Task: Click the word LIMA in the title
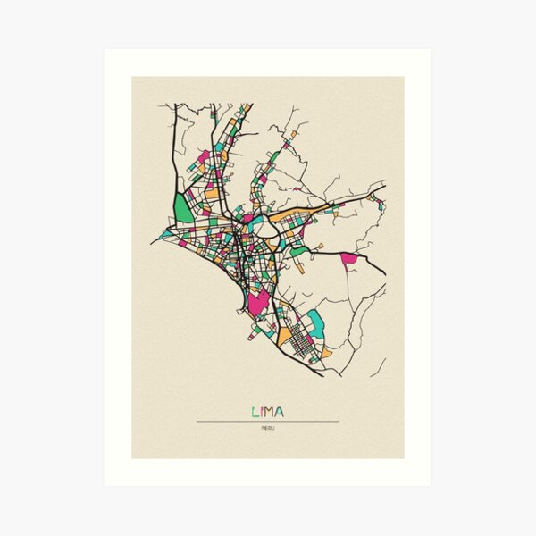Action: pyautogui.click(x=268, y=412)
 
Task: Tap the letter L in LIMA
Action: pyautogui.click(x=255, y=412)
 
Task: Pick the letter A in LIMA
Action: pyautogui.click(x=280, y=412)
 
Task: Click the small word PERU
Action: pyautogui.click(x=268, y=430)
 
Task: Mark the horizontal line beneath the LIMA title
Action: pyautogui.click(x=268, y=421)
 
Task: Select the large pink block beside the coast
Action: pyautogui.click(x=258, y=302)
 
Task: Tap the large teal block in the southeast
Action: pyautogui.click(x=315, y=323)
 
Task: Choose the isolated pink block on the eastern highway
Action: pyautogui.click(x=348, y=259)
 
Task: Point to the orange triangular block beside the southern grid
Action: pyautogui.click(x=285, y=337)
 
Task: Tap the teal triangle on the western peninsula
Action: pyautogui.click(x=168, y=235)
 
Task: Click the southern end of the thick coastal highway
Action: pyautogui.click(x=322, y=376)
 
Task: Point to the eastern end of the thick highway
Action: pyautogui.click(x=385, y=273)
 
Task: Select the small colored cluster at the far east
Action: pyautogui.click(x=381, y=206)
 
